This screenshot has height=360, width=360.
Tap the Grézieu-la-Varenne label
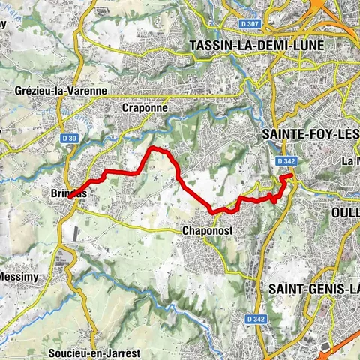click(61, 90)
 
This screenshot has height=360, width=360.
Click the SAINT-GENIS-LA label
click(313, 289)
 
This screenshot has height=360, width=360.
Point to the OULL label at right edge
click(345, 212)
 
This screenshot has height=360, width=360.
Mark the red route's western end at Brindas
click(71, 197)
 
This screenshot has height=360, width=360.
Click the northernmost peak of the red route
click(155, 149)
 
